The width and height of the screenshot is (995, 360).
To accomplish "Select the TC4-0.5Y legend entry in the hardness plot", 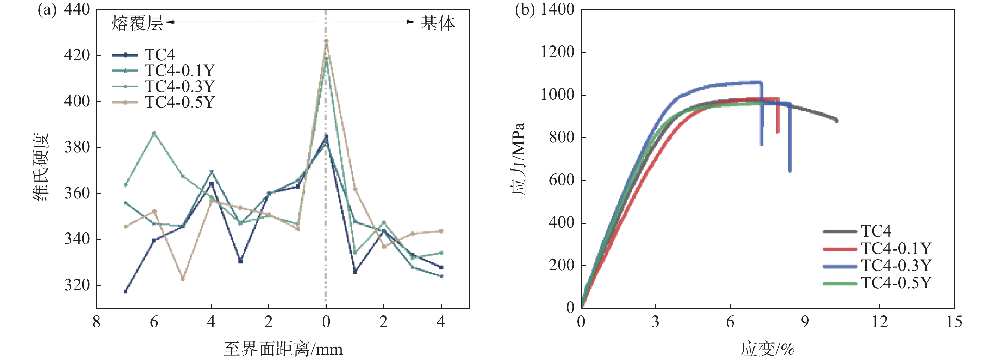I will tap(179, 102).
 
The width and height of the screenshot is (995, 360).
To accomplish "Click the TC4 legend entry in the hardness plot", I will tap(160, 55).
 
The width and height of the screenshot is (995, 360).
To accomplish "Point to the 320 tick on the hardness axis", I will tap(77, 285).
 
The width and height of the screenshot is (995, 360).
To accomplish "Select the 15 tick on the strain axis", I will tap(954, 322).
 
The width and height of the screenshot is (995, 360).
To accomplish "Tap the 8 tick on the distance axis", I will tap(97, 322).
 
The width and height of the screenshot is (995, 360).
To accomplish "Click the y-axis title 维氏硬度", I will tap(41, 167).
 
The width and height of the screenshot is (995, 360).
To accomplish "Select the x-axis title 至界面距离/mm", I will tap(283, 349).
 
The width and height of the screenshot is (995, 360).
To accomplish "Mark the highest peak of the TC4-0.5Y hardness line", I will tap(326, 40).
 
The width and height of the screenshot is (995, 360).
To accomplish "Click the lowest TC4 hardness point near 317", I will tap(125, 291).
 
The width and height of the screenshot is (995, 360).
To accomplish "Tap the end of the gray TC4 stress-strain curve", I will tap(836, 121).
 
